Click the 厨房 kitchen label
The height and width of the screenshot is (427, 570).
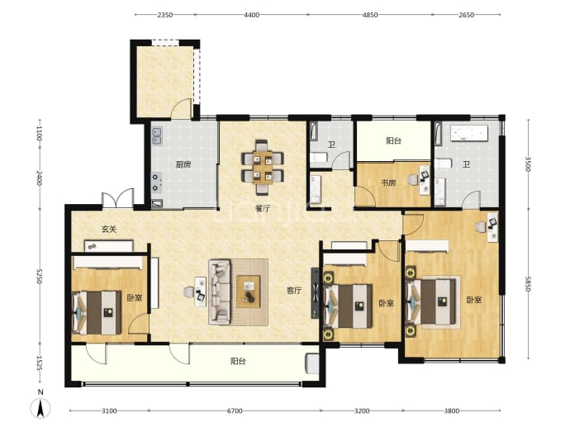click(x=183, y=164)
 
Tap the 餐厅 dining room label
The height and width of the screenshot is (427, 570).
click(x=263, y=209)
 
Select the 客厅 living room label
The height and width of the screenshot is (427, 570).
click(x=294, y=291)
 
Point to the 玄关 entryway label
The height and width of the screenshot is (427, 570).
click(x=109, y=230)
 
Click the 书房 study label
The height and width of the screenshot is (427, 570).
click(x=388, y=183)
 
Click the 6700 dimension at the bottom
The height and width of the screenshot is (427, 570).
click(x=235, y=411)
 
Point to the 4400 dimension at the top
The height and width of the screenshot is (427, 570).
click(x=252, y=15)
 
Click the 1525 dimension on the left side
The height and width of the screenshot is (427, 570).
click(x=40, y=363)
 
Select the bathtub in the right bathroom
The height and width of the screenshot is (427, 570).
click(x=469, y=133)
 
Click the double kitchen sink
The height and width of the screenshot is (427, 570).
click(x=157, y=136)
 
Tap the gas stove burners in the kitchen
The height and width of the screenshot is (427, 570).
click(x=157, y=182)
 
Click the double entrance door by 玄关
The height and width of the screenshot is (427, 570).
click(x=118, y=198)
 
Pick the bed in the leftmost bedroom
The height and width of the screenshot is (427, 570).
click(x=97, y=312)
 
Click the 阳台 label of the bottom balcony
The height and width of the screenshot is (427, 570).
click(x=238, y=361)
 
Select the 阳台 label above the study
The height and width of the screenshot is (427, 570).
click(x=394, y=140)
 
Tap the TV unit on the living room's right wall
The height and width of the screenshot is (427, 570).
click(x=315, y=293)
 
